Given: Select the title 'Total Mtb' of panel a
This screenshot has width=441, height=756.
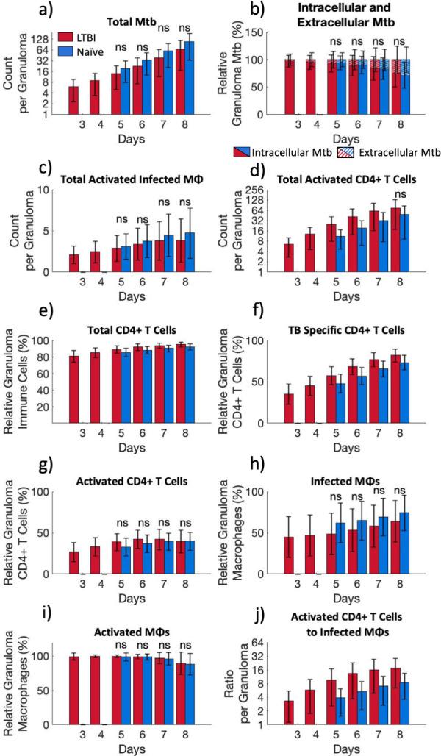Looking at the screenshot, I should click(x=129, y=21).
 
